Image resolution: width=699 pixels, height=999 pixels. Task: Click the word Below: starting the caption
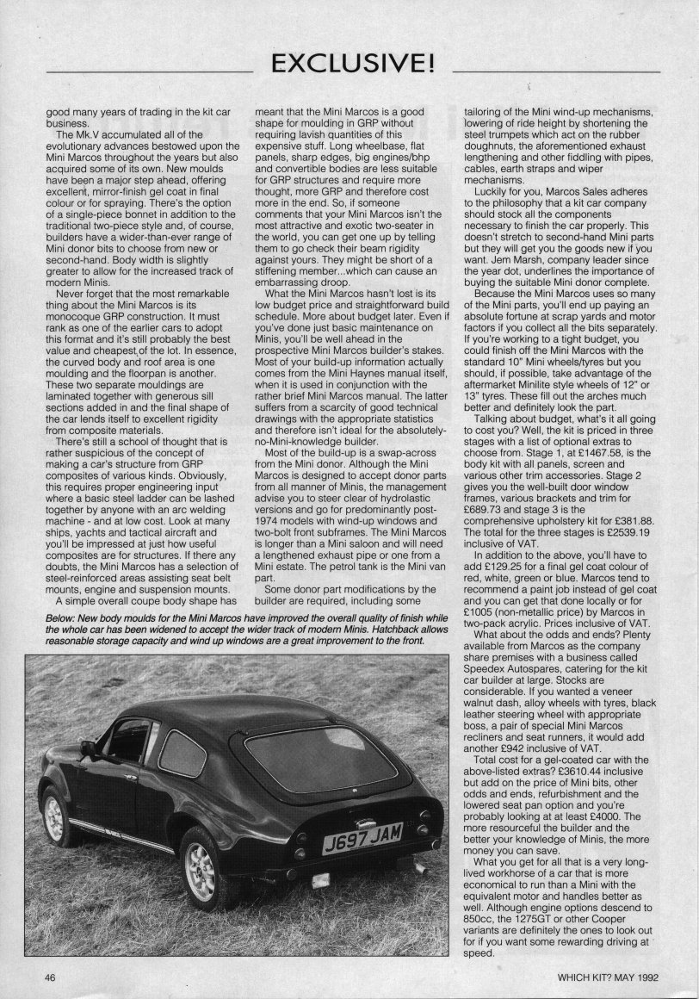pos(50,594)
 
